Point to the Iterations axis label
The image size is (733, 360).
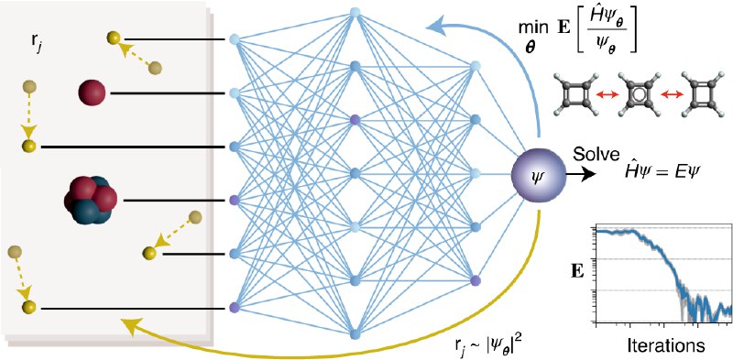pyautogui.click(x=666, y=346)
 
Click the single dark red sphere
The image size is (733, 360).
pyautogui.click(x=92, y=92)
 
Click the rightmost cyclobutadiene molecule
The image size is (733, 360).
pyautogui.click(x=702, y=93)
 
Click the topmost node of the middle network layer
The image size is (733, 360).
pyautogui.click(x=356, y=15)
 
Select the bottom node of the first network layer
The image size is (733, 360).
pyautogui.click(x=235, y=307)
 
